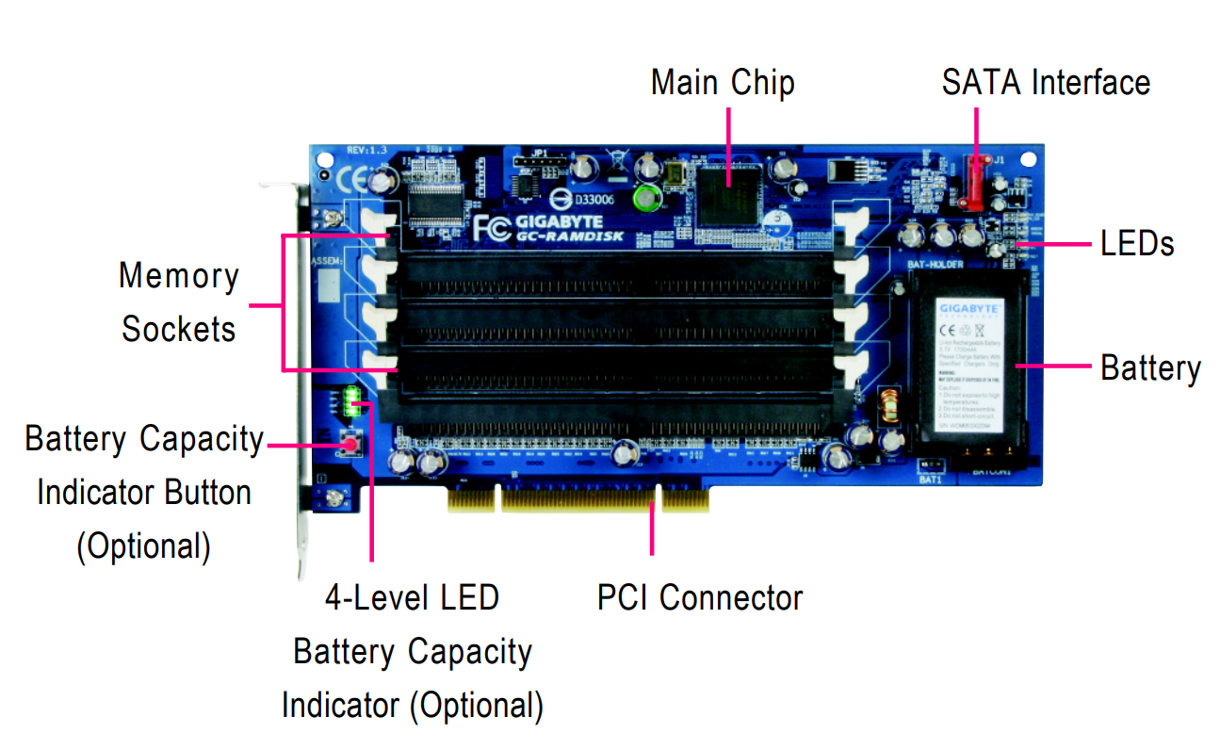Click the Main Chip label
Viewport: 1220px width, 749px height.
(723, 83)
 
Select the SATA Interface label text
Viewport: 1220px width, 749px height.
(1046, 83)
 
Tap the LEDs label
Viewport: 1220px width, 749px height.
(1137, 244)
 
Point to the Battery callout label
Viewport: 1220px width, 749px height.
(1150, 367)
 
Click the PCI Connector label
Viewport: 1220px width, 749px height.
(700, 597)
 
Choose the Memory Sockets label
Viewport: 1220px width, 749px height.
(179, 302)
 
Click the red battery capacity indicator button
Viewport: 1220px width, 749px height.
(350, 444)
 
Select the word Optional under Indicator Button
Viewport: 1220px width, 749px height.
(143, 546)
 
